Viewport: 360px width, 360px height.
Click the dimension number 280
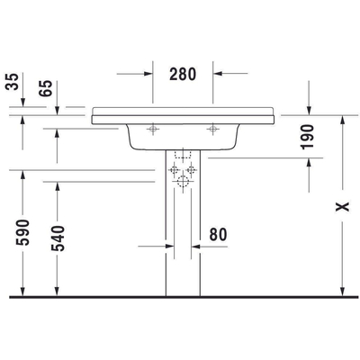(182, 74)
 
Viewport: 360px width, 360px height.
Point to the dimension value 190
(309, 137)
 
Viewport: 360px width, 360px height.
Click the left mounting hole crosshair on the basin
(152, 130)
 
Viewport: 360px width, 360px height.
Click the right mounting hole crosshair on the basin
(212, 130)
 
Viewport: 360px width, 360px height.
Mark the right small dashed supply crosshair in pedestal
(191, 170)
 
